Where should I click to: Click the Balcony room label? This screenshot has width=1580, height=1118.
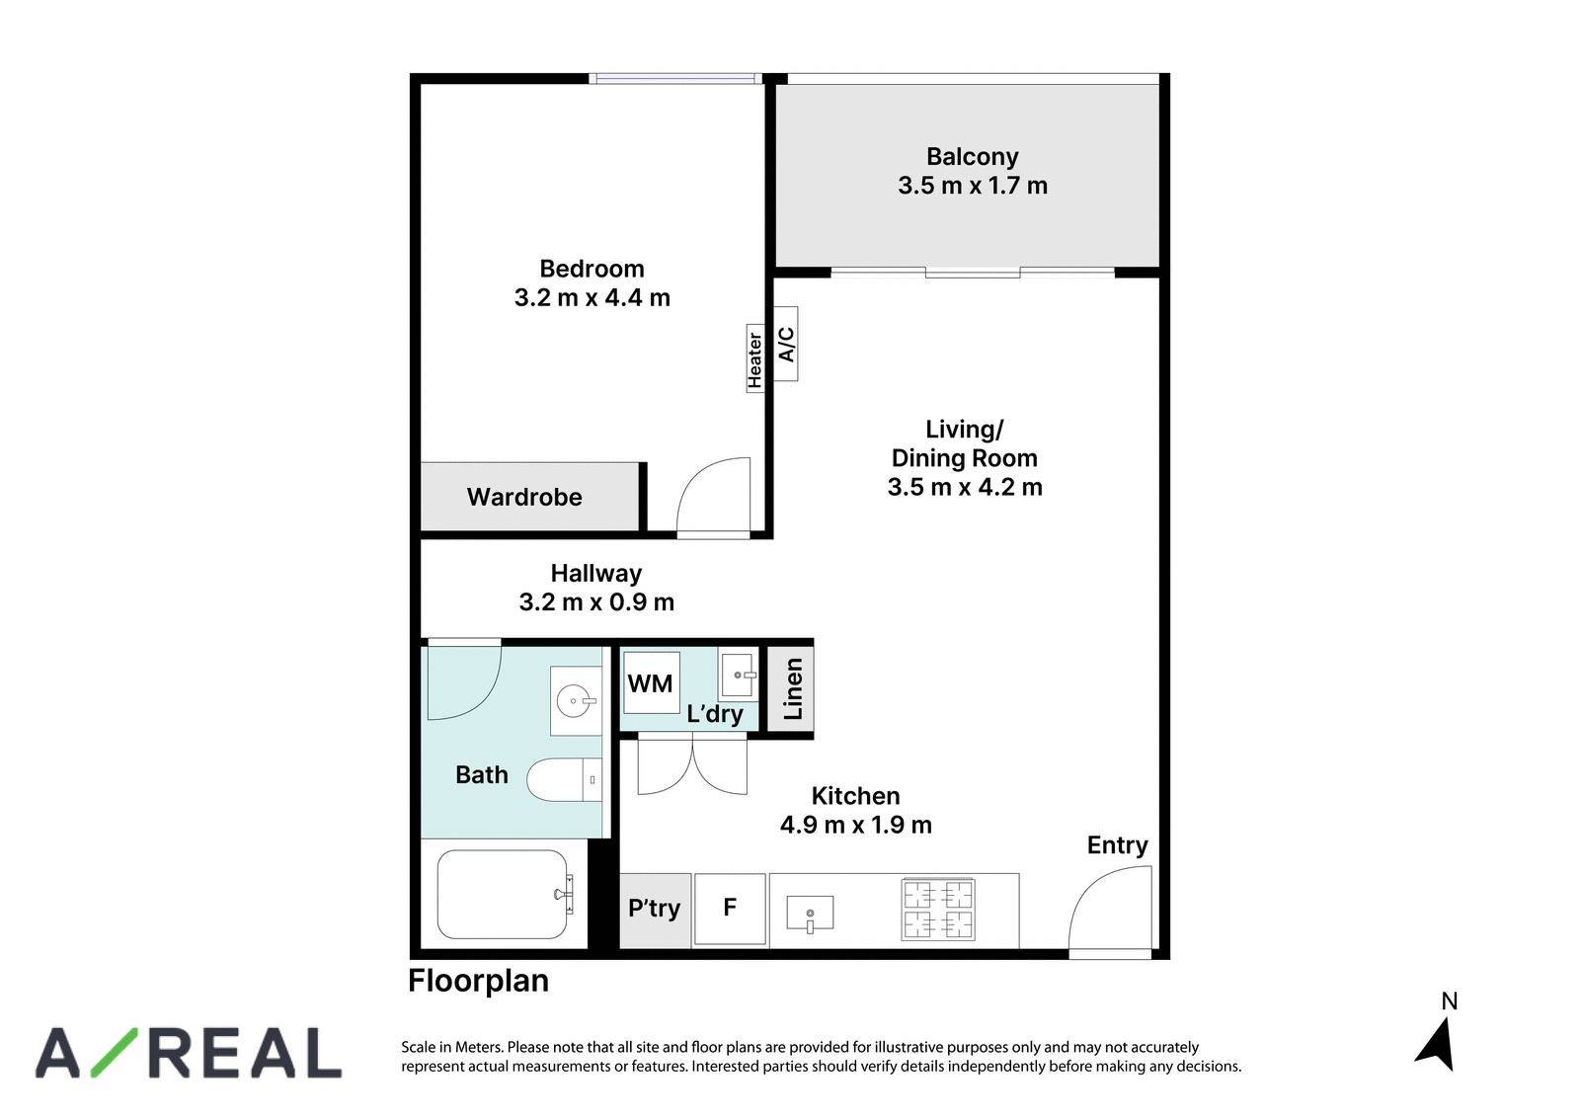(972, 156)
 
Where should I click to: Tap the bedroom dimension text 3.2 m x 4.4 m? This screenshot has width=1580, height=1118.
(592, 297)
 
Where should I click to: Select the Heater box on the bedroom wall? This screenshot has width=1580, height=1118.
(754, 358)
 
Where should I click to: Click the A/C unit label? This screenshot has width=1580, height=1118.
(786, 345)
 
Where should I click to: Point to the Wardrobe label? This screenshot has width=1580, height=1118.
(524, 498)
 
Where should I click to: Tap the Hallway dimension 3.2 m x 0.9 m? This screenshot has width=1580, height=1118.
(596, 602)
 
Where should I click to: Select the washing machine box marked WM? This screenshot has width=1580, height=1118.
(651, 682)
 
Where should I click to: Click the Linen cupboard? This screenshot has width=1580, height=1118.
(790, 688)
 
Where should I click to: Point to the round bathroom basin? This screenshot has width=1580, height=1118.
(574, 701)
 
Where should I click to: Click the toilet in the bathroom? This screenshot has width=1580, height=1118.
(564, 779)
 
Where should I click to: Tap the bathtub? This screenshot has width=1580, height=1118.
(503, 894)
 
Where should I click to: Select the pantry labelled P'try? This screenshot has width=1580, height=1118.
(655, 911)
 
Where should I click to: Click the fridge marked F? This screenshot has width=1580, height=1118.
(730, 910)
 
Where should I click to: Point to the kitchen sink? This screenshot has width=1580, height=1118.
(810, 913)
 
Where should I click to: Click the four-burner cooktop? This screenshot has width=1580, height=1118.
(938, 910)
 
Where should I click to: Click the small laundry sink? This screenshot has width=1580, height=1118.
(737, 675)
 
